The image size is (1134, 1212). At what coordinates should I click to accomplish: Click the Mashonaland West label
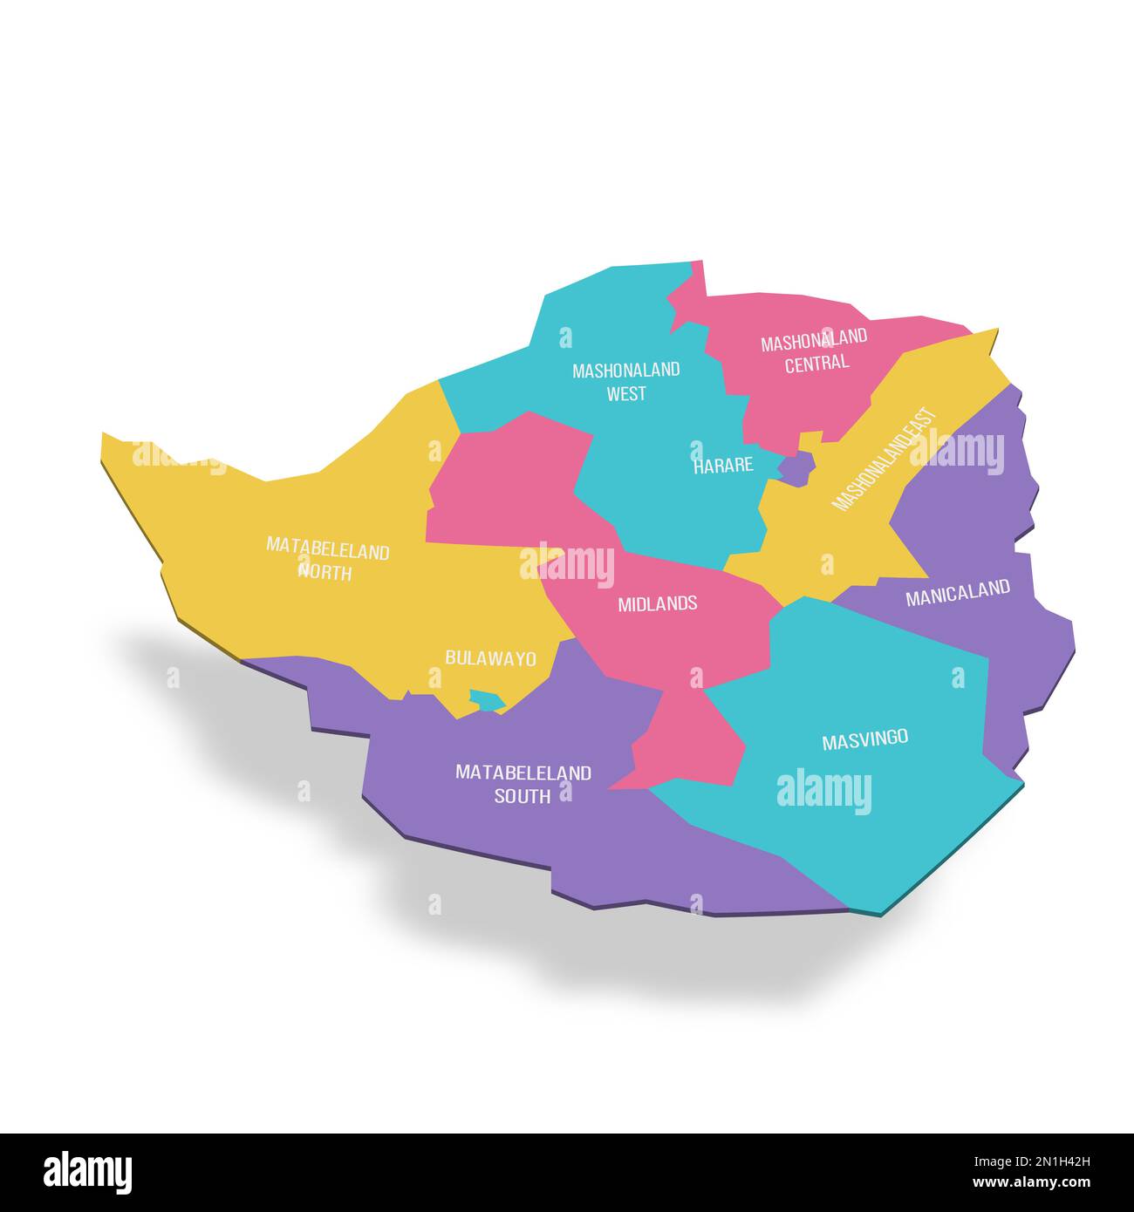pyautogui.click(x=625, y=381)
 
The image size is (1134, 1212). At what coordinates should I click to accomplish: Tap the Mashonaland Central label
pyautogui.click(x=815, y=351)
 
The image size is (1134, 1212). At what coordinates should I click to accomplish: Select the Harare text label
pyautogui.click(x=723, y=466)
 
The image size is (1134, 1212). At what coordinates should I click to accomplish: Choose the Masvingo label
pyautogui.click(x=864, y=739)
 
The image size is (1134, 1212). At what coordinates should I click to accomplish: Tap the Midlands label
pyautogui.click(x=657, y=603)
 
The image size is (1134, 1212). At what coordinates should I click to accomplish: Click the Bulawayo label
pyautogui.click(x=490, y=658)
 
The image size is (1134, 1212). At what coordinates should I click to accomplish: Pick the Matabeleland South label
pyautogui.click(x=523, y=784)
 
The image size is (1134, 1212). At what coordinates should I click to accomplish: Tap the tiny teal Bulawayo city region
pyautogui.click(x=487, y=699)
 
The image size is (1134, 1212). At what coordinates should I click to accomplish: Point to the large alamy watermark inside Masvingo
pyautogui.click(x=823, y=791)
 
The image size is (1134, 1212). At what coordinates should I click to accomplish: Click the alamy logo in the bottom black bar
pyautogui.click(x=88, y=1172)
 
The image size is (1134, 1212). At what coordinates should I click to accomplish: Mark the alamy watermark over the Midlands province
pyautogui.click(x=567, y=563)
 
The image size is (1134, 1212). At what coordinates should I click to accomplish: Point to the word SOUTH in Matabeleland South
pyautogui.click(x=523, y=796)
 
